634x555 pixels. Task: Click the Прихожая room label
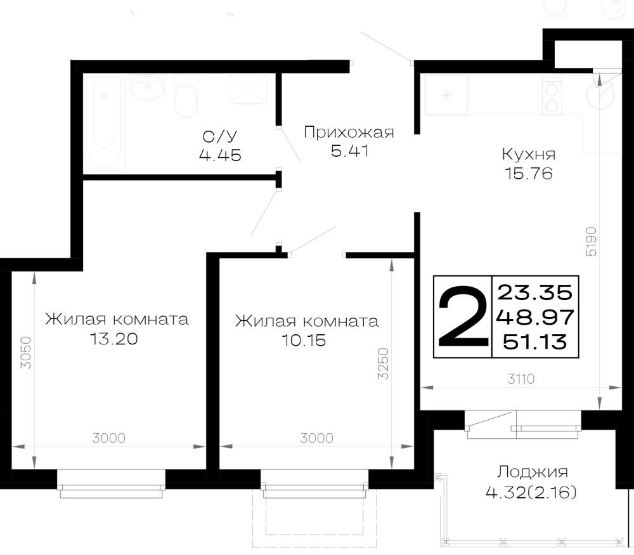tap(349, 133)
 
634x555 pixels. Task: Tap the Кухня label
tap(529, 154)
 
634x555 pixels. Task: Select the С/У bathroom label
tap(220, 137)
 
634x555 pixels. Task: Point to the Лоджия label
tap(532, 472)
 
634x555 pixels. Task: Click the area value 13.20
tap(114, 339)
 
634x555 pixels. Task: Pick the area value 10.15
tap(304, 340)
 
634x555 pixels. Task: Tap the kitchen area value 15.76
tap(529, 174)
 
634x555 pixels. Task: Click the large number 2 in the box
tap(463, 317)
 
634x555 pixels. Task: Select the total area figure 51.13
tap(535, 343)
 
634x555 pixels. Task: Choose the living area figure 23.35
tap(535, 292)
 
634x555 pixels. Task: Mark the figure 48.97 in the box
tap(535, 317)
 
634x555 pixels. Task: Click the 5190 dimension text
tap(591, 241)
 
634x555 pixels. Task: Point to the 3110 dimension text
tap(521, 379)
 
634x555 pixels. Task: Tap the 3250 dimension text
tap(383, 363)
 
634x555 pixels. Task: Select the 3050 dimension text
tap(26, 353)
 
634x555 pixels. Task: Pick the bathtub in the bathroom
tap(105, 121)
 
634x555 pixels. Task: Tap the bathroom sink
tap(147, 87)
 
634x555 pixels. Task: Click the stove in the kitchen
tap(552, 96)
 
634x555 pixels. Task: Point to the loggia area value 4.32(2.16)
tap(531, 493)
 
